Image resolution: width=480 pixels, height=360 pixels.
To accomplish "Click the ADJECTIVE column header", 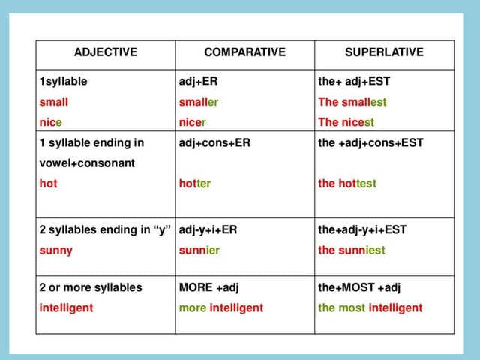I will click(106, 52).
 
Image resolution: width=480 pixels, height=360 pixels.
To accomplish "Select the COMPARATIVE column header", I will click(244, 52).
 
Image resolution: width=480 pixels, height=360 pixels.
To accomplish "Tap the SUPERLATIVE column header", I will click(384, 52).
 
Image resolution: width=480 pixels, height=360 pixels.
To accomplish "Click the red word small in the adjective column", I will click(53, 101).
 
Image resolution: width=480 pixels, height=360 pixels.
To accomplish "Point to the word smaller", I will click(199, 101).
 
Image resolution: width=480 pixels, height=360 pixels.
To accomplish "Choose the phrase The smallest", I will click(352, 101).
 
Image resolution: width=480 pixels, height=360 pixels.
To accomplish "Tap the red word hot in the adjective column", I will click(48, 183).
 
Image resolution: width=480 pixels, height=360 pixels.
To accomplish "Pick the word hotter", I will click(195, 183).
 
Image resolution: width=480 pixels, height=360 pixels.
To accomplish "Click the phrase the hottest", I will click(347, 183).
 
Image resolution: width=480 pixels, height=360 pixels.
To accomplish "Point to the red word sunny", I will click(55, 250).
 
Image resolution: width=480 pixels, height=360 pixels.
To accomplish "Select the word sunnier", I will click(199, 250).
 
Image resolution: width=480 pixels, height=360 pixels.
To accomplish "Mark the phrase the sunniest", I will click(352, 250).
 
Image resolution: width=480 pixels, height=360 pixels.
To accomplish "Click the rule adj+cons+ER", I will click(214, 142).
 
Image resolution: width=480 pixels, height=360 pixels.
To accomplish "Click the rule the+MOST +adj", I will click(359, 287).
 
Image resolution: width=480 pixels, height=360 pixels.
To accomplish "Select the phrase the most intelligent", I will click(370, 307).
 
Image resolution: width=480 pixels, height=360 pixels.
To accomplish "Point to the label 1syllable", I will click(63, 81).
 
